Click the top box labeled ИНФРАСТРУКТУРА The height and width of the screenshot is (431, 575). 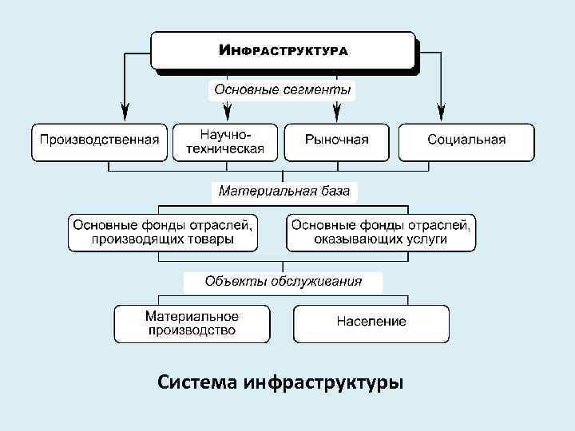click(284, 50)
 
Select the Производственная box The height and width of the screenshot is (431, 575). click(100, 140)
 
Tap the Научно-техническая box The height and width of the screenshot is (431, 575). click(225, 140)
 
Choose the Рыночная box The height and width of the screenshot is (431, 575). click(337, 140)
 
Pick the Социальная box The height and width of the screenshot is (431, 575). click(466, 140)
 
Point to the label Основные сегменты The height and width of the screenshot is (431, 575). click(282, 89)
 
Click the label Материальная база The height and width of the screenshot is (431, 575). click(284, 192)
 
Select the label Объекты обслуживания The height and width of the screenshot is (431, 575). click(284, 281)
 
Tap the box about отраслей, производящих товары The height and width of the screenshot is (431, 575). click(163, 231)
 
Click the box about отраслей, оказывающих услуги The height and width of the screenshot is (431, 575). click(381, 231)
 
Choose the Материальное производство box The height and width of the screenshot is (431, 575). click(192, 323)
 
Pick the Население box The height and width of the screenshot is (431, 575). click(371, 322)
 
